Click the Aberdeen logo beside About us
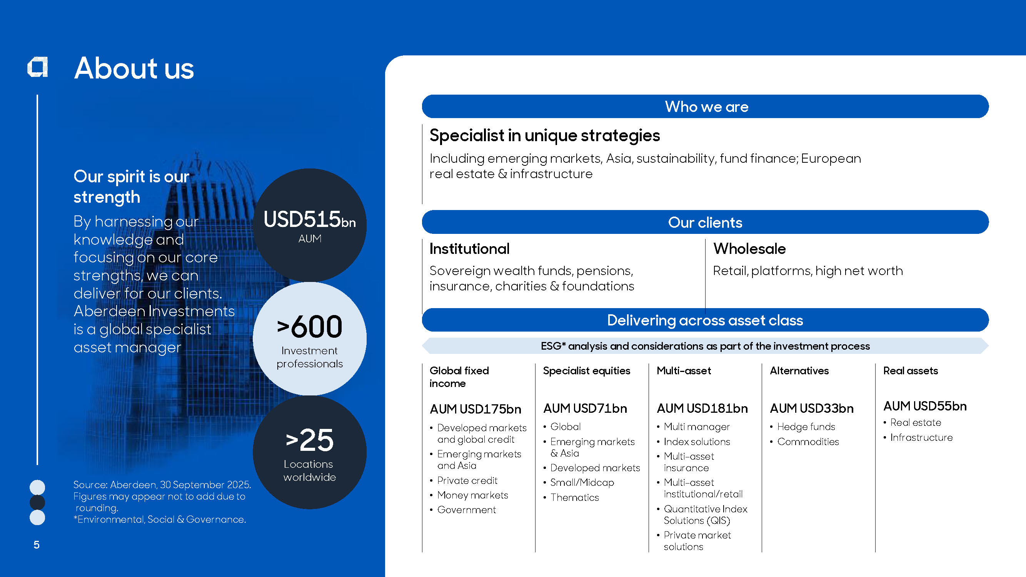coord(37,67)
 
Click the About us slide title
coord(134,68)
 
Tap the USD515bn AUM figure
coord(309,225)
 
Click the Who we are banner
coord(705,106)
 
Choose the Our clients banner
coord(705,222)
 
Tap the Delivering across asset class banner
coord(705,320)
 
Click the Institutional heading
coord(469,249)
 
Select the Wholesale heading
coord(749,249)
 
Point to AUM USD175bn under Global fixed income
coord(475,409)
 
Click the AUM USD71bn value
coord(585,408)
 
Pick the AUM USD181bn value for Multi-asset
coord(702,408)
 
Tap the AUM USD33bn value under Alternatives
coord(812,408)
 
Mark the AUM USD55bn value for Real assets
coord(925,406)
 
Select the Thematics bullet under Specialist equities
coord(574,497)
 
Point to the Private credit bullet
coord(467,480)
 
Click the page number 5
coord(37,545)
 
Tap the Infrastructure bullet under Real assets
coord(921,438)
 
